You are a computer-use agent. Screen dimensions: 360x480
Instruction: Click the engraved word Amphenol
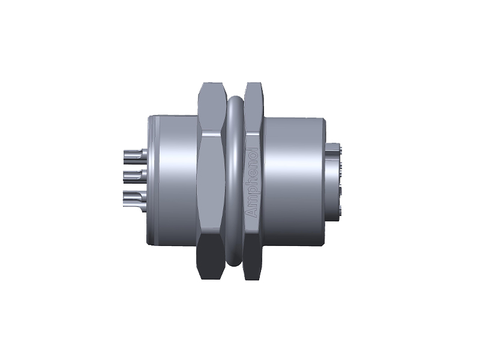(x=252, y=182)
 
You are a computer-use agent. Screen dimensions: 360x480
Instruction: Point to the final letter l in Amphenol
(x=252, y=150)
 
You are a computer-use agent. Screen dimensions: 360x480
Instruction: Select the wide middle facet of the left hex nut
(x=212, y=180)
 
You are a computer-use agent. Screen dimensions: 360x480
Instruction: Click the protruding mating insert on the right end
(x=334, y=180)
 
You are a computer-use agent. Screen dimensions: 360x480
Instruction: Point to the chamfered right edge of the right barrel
(x=323, y=180)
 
